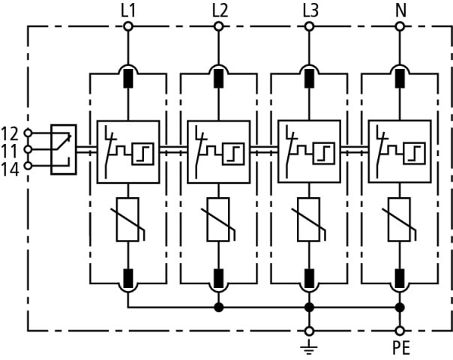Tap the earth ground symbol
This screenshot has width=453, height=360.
(309, 344)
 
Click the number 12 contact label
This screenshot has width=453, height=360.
(10, 133)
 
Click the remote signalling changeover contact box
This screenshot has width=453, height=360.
(63, 149)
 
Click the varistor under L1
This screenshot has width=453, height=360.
(127, 220)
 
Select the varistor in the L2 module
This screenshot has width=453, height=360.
(219, 220)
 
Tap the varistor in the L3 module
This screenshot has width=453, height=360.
(309, 220)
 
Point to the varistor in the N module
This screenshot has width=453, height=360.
(400, 220)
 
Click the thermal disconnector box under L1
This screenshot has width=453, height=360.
(127, 151)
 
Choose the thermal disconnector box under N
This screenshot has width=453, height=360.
(400, 151)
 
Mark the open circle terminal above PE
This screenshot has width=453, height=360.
(400, 330)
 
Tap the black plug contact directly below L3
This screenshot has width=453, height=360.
(309, 76)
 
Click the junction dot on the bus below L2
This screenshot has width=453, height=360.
(219, 307)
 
